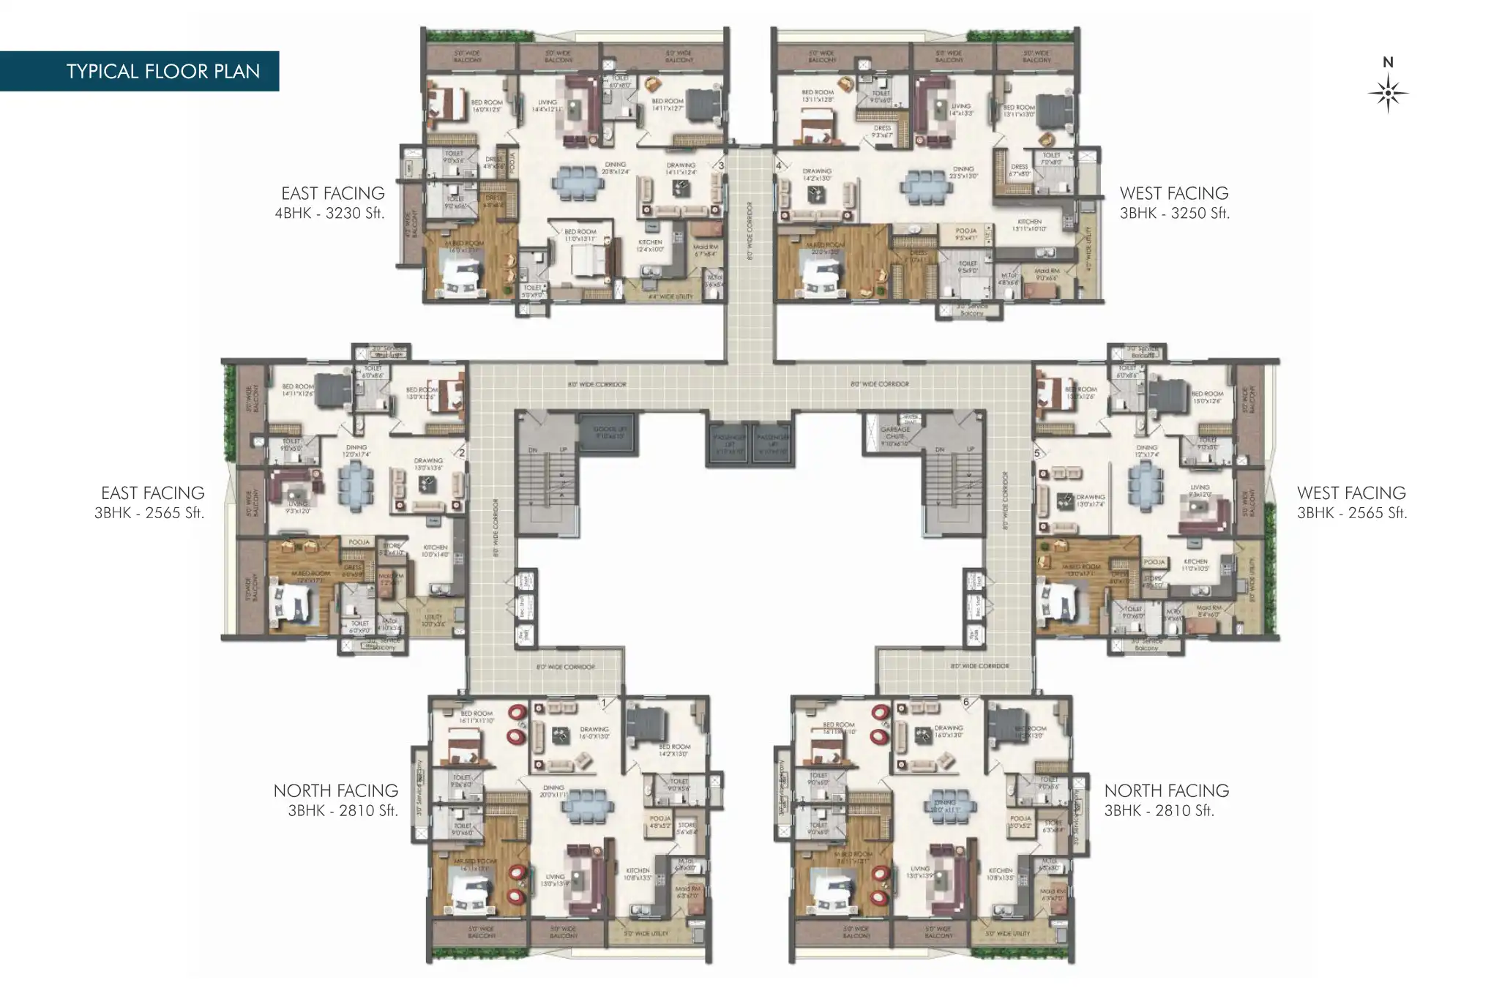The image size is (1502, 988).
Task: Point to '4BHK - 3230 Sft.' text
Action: point(329,213)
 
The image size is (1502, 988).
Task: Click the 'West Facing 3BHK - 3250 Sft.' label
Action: point(1173,203)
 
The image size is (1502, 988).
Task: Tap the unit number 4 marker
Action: point(779,166)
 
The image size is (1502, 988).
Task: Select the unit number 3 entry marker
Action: point(721,166)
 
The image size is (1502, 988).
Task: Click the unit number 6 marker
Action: point(965,703)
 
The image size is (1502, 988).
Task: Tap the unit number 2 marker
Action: point(461,452)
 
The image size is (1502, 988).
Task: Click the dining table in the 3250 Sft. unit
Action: point(927,185)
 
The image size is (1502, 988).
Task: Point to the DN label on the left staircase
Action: point(533,449)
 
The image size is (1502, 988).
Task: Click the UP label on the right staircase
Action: point(971,449)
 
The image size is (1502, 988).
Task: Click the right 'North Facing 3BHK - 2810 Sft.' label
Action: point(1166,800)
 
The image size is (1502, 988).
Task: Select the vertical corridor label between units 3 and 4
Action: point(750,231)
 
